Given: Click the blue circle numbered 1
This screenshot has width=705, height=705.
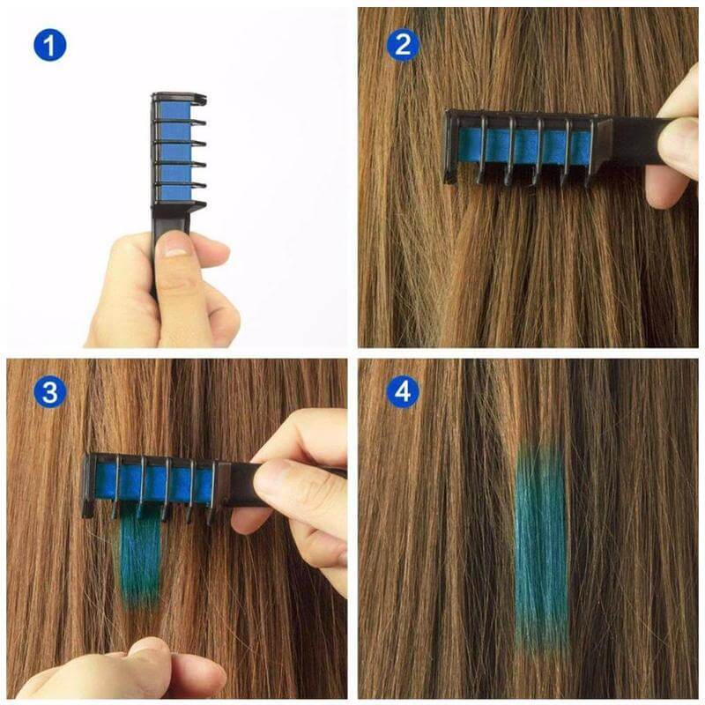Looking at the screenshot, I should pos(50,45).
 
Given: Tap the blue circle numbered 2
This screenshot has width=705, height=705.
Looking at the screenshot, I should pos(403,45).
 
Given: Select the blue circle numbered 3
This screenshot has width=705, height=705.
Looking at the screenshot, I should pos(50,392).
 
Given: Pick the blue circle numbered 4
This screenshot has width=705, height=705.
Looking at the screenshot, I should pos(403,392).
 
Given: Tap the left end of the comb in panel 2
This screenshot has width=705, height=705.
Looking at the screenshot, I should pos(451,145).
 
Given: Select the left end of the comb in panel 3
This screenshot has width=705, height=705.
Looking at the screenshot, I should pos(88,485).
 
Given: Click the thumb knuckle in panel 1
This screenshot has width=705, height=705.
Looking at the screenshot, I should pos(181,286).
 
